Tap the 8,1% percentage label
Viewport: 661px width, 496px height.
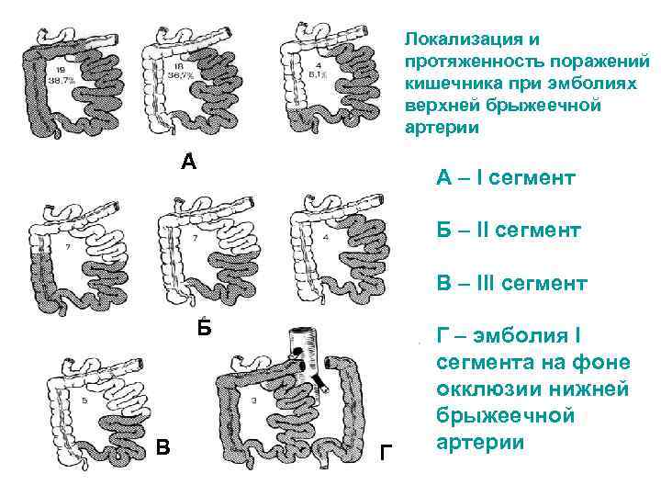click(318, 77)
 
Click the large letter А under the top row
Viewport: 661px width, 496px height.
click(188, 163)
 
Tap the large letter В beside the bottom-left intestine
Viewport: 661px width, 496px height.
click(162, 448)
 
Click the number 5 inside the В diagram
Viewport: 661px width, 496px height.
click(84, 401)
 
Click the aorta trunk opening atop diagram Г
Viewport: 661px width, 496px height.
click(297, 333)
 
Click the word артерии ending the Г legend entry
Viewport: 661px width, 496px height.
click(478, 443)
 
